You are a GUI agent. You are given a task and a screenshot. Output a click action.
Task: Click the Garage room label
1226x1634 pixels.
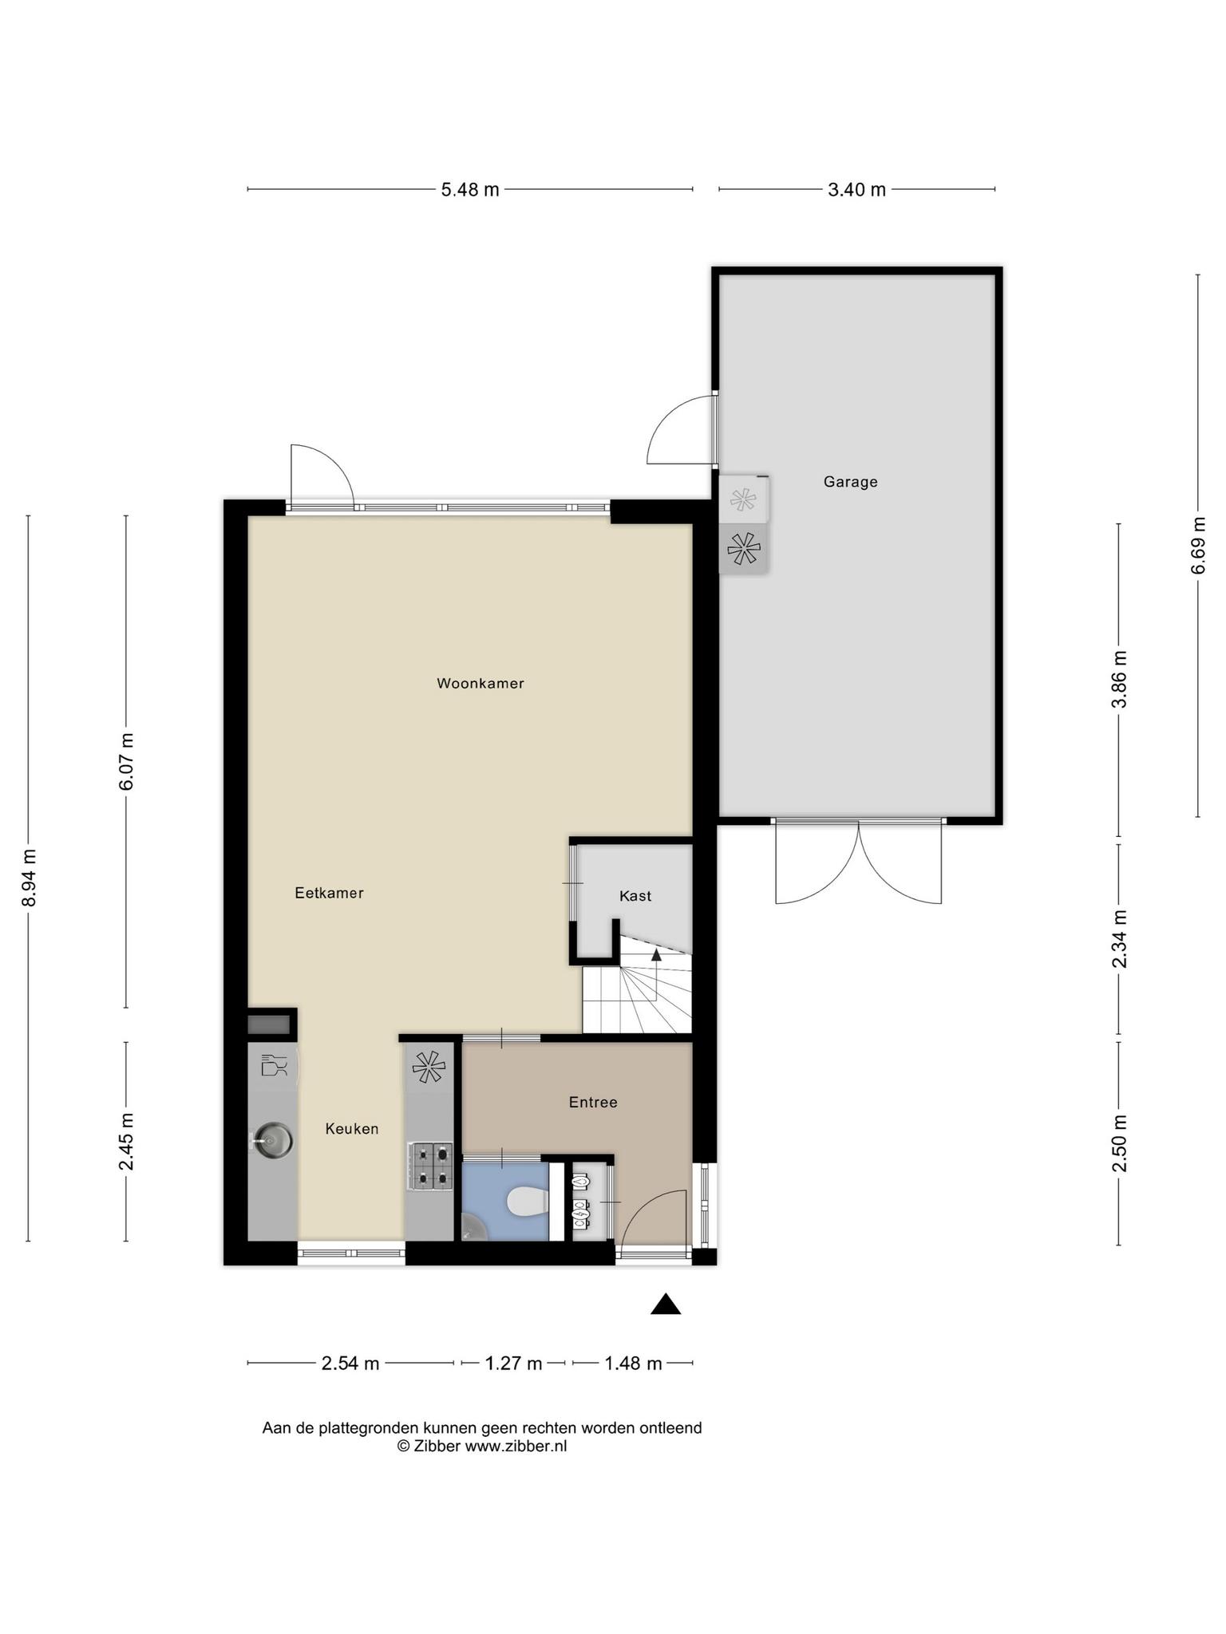850,482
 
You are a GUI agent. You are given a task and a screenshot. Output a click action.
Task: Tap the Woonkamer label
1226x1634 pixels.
481,683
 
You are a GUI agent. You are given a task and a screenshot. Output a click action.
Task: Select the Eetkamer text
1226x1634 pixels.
329,893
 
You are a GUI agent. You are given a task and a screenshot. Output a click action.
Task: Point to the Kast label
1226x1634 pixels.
635,896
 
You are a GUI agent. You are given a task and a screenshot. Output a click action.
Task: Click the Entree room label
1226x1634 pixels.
593,1102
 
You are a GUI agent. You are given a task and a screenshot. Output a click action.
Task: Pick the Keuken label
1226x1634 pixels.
352,1129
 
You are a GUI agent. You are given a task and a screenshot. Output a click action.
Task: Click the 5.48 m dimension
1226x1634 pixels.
470,190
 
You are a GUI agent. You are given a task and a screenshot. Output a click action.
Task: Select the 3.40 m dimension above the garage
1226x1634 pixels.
856,190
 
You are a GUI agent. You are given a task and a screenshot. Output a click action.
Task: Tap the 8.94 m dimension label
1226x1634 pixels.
30,878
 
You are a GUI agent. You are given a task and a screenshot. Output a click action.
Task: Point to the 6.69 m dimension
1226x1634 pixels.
1198,546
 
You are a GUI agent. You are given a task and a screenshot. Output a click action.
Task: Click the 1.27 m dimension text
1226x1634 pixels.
513,1364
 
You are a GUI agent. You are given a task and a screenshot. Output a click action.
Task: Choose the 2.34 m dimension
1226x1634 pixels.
1119,939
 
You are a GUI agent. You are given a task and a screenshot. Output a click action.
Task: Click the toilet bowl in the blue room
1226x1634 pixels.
526,1202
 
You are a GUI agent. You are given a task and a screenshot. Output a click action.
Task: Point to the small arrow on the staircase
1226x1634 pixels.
656,954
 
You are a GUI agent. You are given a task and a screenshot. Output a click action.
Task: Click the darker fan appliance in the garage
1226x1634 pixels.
743,548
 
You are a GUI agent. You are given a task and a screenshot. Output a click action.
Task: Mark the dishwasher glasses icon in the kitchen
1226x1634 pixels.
273,1066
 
